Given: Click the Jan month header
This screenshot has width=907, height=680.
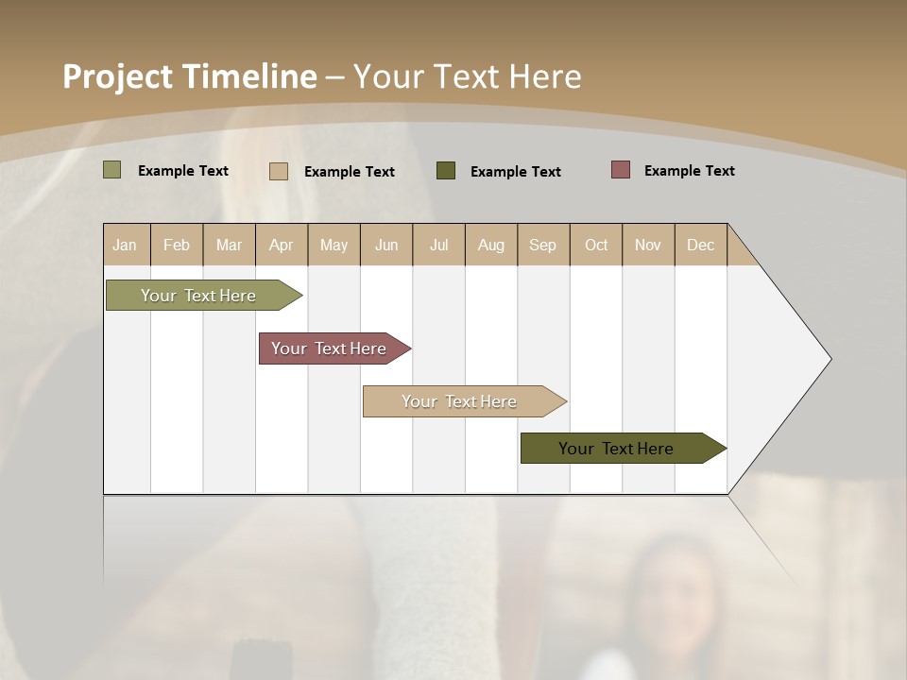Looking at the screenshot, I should (125, 245).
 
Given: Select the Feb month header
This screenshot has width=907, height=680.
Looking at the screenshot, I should (177, 245).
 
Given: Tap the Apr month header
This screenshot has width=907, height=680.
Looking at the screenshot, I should (281, 245).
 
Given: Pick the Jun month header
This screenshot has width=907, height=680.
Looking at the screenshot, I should (386, 245).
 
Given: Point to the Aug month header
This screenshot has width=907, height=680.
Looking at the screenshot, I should (490, 245).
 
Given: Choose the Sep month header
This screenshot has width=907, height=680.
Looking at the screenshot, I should (542, 245).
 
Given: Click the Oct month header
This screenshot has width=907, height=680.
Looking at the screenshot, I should (596, 245).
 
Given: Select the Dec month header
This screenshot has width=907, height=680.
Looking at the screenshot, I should (700, 245).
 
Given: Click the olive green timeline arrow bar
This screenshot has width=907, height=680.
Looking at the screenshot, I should (199, 296).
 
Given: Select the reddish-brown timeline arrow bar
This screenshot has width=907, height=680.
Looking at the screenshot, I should (330, 348).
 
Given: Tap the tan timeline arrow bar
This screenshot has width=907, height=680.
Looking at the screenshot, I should (460, 401).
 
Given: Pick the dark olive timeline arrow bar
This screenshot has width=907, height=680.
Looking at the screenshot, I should (617, 449).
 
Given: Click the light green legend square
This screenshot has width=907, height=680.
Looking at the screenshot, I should (112, 170).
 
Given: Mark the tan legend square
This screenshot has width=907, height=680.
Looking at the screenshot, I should (279, 171).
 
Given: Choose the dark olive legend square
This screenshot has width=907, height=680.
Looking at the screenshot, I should (446, 170).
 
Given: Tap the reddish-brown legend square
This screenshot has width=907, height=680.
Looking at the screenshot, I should (621, 170).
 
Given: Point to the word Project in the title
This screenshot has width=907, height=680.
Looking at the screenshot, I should (117, 76).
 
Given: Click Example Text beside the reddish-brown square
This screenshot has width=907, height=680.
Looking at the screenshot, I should (689, 171).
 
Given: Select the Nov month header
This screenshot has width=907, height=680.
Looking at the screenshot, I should (647, 245).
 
